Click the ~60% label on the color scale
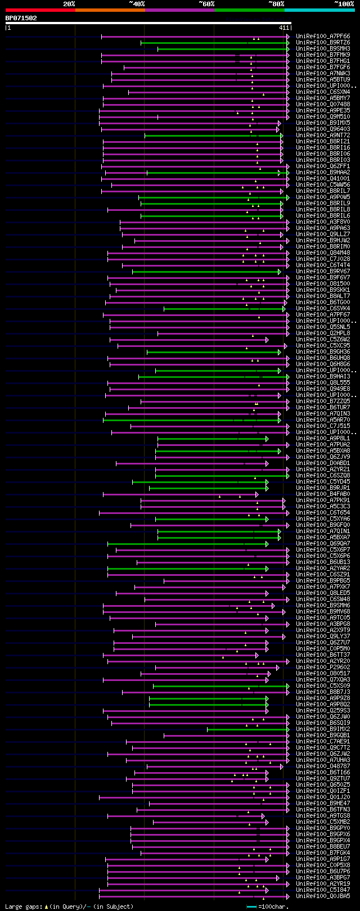(206, 4)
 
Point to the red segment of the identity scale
(39, 10)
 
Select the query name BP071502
(21, 18)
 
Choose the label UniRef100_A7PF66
(323, 37)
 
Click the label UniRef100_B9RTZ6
(323, 43)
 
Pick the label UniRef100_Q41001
(323, 179)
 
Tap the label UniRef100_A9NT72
(323, 136)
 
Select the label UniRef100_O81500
(323, 284)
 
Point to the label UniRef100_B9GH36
(323, 352)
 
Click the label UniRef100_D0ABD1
(323, 463)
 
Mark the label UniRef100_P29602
(323, 668)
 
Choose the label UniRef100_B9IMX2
(323, 729)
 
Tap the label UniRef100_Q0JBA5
(323, 896)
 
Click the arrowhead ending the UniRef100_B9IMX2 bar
(287, 729)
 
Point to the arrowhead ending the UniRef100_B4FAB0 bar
(257, 494)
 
